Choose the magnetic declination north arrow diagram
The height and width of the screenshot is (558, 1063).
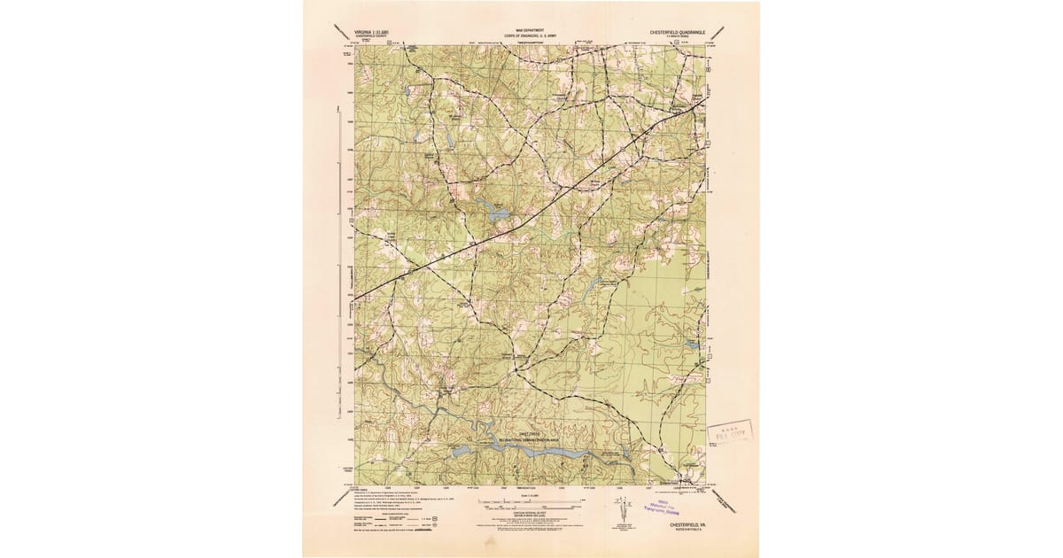621,512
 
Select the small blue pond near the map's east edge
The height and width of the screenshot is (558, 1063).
692,343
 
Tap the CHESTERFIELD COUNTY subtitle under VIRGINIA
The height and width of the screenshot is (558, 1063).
367,34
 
